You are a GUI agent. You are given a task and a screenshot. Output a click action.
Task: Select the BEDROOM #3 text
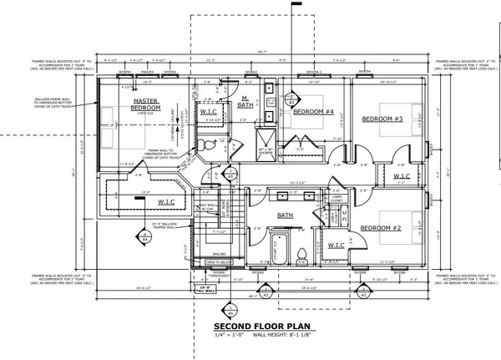(382, 119)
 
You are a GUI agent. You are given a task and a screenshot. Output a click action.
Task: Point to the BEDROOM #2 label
(382, 227)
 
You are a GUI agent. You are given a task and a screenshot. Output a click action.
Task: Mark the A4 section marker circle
(144, 237)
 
